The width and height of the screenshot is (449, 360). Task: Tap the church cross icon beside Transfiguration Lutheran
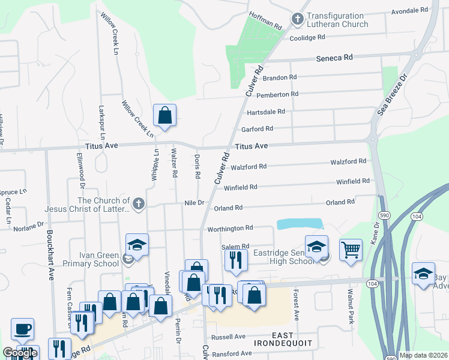click(297, 20)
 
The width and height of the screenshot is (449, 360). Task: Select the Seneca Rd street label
click(334, 58)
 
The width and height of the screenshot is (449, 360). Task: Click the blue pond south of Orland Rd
click(300, 224)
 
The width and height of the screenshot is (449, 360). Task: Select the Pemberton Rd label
click(277, 94)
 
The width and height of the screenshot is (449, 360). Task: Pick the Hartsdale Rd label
click(265, 112)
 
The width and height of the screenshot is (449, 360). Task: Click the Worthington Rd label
click(231, 229)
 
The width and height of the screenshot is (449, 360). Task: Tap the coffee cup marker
click(23, 329)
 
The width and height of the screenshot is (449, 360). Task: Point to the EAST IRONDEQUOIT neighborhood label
click(274, 338)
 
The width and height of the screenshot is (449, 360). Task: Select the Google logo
click(20, 353)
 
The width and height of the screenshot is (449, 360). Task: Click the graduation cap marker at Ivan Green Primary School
click(136, 245)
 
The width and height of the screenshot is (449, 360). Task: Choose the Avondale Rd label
click(409, 11)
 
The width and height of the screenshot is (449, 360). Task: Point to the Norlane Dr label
click(29, 226)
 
